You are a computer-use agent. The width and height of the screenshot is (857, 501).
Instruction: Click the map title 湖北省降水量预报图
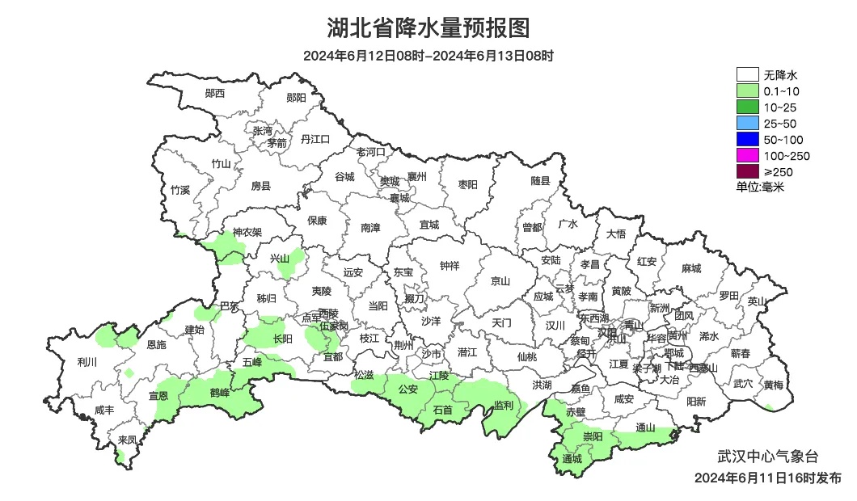428,28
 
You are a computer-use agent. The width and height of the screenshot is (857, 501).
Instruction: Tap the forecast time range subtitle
428,56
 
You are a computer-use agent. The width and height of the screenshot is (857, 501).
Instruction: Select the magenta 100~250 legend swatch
747,155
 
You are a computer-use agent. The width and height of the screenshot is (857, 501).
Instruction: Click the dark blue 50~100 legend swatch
747,139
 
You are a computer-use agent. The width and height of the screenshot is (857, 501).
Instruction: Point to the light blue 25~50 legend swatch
747,123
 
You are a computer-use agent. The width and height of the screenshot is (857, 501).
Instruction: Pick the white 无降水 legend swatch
747,75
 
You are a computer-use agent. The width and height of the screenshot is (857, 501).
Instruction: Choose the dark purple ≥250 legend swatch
747,171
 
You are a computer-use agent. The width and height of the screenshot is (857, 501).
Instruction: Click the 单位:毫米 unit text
760,187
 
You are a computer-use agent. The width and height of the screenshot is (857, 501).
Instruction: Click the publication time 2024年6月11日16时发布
767,478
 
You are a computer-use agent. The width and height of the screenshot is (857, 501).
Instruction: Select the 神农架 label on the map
247,233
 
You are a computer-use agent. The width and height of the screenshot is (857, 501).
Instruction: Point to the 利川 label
86,361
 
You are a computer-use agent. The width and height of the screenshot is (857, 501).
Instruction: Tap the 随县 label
540,182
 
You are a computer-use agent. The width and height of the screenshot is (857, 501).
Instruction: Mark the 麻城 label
690,268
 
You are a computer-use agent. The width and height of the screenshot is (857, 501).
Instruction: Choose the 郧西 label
215,94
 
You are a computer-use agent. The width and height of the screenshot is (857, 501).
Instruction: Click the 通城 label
572,459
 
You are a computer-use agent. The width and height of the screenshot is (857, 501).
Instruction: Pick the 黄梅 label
774,385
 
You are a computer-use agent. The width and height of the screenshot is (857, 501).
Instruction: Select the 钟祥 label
450,265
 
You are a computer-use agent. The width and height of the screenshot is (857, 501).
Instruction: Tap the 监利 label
503,405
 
